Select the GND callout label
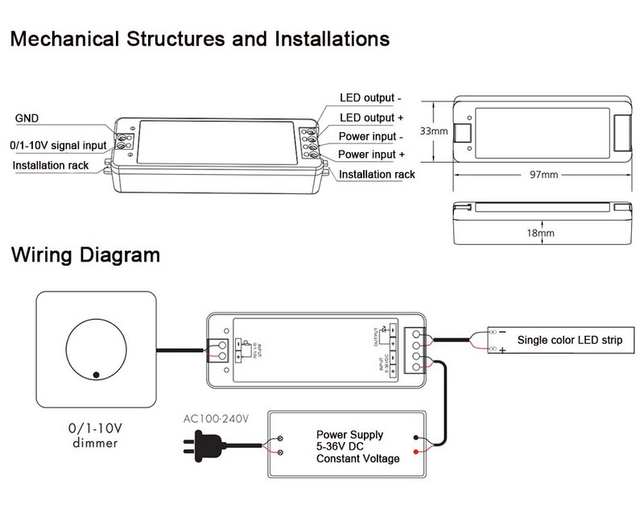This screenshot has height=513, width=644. [27, 118]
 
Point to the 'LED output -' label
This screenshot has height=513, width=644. [370, 98]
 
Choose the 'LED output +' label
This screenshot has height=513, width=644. [371, 118]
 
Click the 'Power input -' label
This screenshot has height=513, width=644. [369, 136]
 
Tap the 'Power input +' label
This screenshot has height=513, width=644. [371, 154]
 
